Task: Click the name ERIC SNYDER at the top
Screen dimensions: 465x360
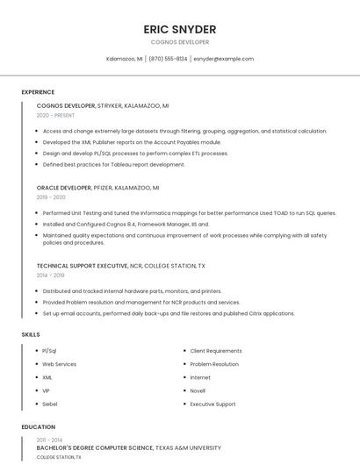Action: pyautogui.click(x=179, y=29)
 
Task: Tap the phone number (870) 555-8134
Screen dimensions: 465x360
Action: pyautogui.click(x=168, y=59)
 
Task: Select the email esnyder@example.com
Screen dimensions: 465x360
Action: pyautogui.click(x=223, y=59)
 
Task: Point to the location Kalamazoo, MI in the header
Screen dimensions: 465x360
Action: pyautogui.click(x=125, y=59)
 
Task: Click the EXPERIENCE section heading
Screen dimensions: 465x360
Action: pyautogui.click(x=38, y=92)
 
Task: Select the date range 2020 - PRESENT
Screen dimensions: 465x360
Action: pyautogui.click(x=55, y=115)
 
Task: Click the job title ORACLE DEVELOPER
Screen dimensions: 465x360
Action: pyautogui.click(x=64, y=188)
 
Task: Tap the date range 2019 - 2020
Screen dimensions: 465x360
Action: pyautogui.click(x=51, y=197)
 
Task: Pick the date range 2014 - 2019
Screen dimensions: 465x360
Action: pyautogui.click(x=50, y=275)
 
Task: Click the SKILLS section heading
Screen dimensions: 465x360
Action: pyautogui.click(x=31, y=334)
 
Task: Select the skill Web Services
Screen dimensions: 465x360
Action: pyautogui.click(x=60, y=364)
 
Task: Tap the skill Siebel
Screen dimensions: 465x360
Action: pyautogui.click(x=50, y=404)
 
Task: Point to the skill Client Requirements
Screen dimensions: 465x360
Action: pyautogui.click(x=216, y=351)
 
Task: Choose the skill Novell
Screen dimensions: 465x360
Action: pyautogui.click(x=198, y=390)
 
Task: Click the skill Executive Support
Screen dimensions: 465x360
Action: pyautogui.click(x=212, y=404)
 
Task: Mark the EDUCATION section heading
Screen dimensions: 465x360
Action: pyautogui.click(x=38, y=427)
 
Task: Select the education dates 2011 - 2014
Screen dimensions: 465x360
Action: pyautogui.click(x=49, y=439)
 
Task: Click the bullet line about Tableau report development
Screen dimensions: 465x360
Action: pyautogui.click(x=113, y=164)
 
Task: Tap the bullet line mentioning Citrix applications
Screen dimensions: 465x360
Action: pyautogui.click(x=169, y=313)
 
